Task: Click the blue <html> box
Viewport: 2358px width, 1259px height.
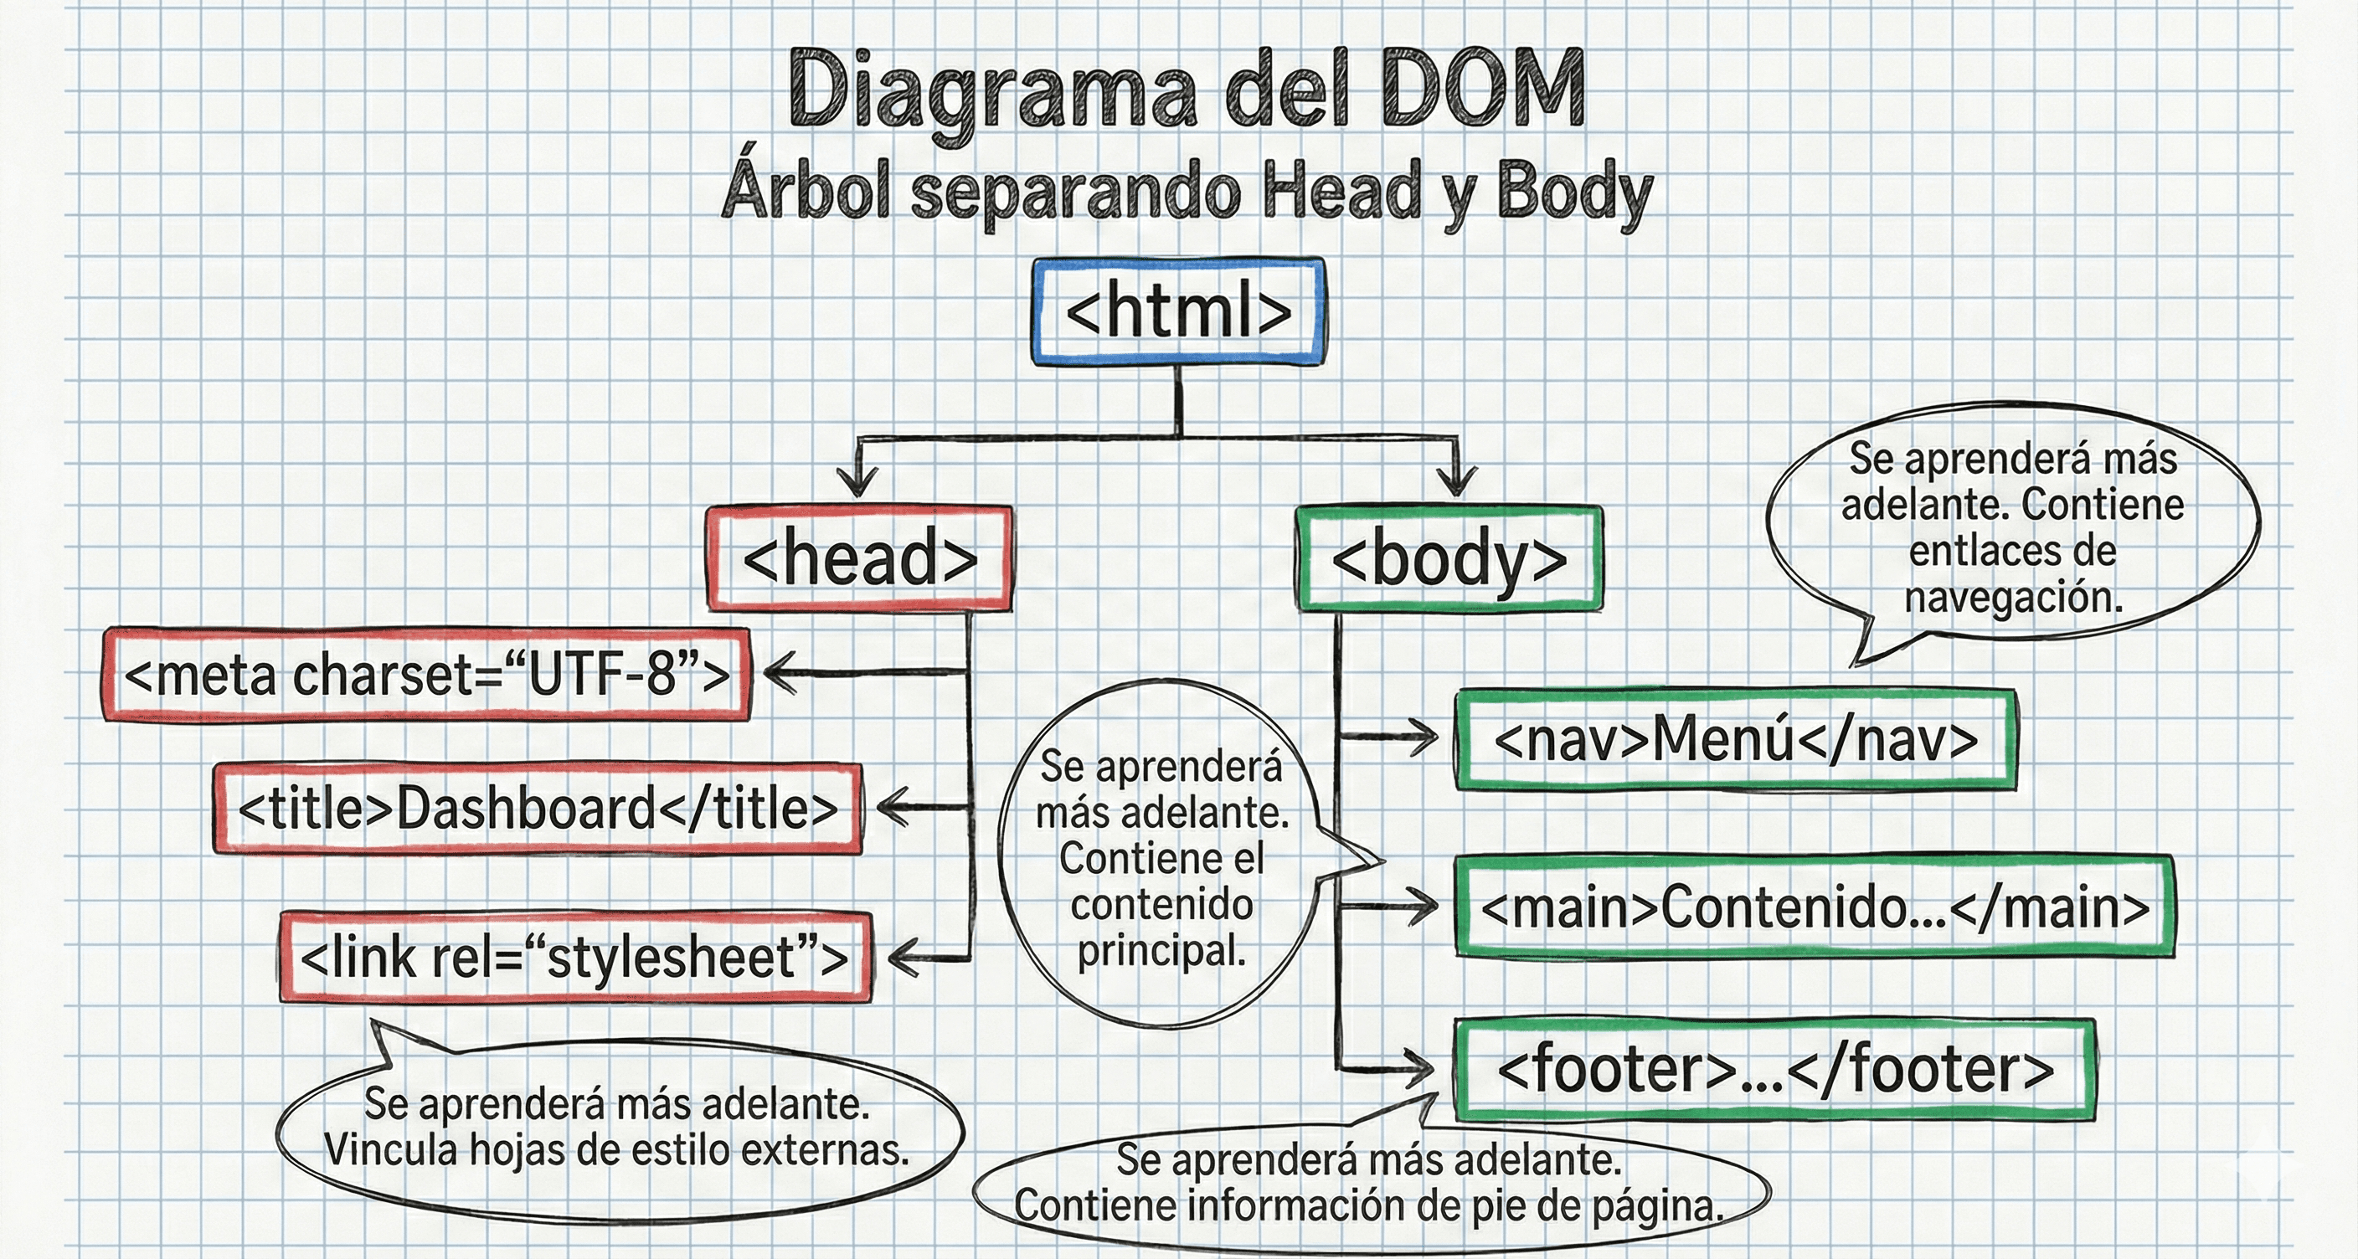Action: tap(1178, 313)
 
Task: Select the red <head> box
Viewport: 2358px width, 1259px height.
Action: tap(859, 558)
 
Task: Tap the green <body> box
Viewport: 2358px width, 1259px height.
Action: tap(1449, 558)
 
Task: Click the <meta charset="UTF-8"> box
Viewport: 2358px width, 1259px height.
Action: tap(426, 676)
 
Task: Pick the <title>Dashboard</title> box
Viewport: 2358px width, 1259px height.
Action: tap(538, 809)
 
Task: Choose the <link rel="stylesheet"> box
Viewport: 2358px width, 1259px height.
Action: tap(574, 957)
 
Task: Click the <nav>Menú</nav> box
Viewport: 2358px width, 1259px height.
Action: tap(1736, 739)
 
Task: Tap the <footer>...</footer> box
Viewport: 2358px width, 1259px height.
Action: tap(1775, 1069)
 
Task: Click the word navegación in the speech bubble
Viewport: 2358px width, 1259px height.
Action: tap(2013, 598)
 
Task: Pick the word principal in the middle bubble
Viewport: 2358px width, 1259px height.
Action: tap(1161, 951)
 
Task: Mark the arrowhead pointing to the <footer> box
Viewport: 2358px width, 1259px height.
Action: tap(1421, 1066)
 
